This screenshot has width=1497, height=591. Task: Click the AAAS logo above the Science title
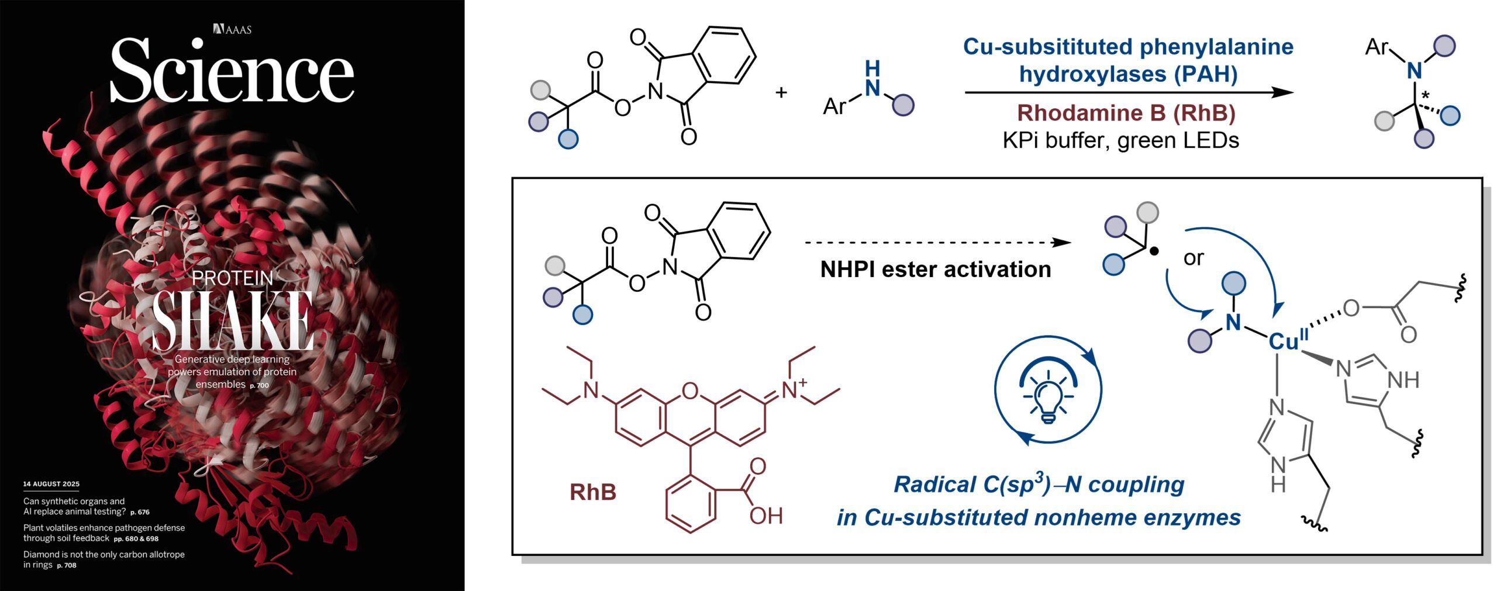[233, 29]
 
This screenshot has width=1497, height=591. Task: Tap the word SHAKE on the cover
[233, 321]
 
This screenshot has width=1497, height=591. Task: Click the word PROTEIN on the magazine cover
[233, 278]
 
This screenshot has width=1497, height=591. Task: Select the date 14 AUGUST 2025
[51, 484]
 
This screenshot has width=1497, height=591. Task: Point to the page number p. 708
[67, 565]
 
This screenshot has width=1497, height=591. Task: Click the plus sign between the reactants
[781, 92]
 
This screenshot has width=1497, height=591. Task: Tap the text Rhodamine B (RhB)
[1126, 113]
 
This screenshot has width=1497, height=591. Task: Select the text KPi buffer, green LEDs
[1120, 141]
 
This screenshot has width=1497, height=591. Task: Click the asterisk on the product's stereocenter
[1425, 95]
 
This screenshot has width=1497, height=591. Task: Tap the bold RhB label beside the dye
[593, 492]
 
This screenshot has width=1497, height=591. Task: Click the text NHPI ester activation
[936, 269]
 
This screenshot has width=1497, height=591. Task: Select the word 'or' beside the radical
[1194, 258]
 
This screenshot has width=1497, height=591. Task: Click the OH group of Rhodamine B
[766, 516]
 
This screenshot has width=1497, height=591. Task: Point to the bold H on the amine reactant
[872, 68]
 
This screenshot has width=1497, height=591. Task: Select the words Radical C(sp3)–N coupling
[1039, 485]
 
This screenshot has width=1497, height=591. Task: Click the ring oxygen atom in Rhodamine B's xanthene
[690, 390]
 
